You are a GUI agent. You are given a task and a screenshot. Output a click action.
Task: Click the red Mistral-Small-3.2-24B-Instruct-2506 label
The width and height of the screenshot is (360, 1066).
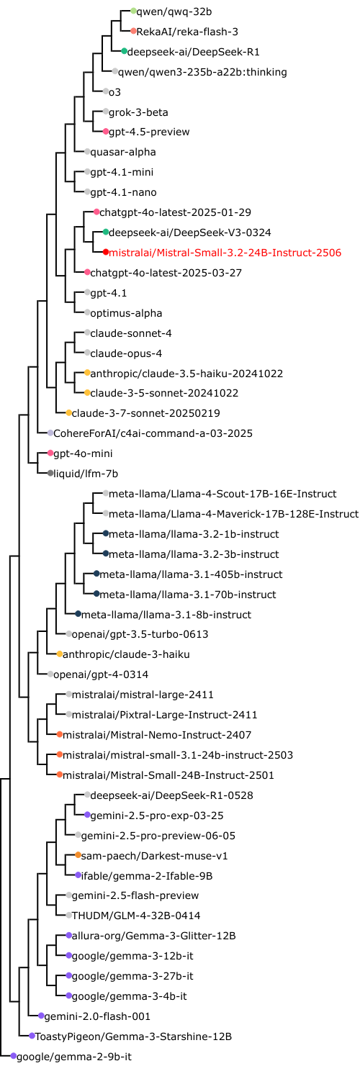click(x=225, y=253)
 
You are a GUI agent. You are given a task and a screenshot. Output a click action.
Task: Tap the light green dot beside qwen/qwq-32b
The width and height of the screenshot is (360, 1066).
click(x=133, y=11)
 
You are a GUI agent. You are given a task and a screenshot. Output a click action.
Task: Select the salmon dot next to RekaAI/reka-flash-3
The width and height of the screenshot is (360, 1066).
click(x=133, y=32)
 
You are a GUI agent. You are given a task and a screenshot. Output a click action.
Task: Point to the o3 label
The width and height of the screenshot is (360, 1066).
click(x=114, y=92)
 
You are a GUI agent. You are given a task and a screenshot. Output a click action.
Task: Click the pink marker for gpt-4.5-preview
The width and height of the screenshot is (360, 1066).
click(x=106, y=132)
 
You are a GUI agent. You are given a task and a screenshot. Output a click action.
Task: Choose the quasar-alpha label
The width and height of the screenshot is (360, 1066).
click(x=123, y=153)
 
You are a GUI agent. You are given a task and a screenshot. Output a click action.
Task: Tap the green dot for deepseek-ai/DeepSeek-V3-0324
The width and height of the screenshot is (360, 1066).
click(x=106, y=232)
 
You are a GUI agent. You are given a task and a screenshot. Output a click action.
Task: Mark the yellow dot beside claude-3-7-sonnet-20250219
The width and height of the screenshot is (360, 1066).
click(x=68, y=413)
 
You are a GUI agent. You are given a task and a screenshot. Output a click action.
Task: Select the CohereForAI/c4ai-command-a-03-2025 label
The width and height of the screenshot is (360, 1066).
click(x=153, y=433)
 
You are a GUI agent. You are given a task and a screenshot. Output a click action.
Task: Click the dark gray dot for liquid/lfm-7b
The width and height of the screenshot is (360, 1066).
click(x=50, y=474)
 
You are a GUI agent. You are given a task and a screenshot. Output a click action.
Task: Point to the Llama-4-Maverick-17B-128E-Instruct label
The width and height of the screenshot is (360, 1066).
click(x=233, y=514)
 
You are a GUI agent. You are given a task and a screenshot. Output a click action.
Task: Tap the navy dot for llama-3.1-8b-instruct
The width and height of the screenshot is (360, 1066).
click(x=78, y=615)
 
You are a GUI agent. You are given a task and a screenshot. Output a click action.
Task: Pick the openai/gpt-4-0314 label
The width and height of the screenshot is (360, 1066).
click(x=101, y=675)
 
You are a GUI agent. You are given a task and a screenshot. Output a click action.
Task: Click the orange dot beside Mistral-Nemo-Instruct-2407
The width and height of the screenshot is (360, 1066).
click(x=60, y=735)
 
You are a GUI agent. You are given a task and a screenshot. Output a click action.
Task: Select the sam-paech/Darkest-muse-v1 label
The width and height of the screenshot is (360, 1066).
click(x=154, y=856)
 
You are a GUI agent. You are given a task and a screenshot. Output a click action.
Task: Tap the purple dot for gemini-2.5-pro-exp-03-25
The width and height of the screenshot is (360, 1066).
click(x=87, y=816)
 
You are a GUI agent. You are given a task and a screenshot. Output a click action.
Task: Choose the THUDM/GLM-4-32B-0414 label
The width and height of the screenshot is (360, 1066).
click(x=135, y=915)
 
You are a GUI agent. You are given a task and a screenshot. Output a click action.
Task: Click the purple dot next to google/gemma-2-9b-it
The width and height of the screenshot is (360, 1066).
click(x=14, y=1056)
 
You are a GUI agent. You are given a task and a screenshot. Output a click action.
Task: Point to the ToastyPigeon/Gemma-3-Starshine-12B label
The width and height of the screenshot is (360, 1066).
click(x=133, y=1036)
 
